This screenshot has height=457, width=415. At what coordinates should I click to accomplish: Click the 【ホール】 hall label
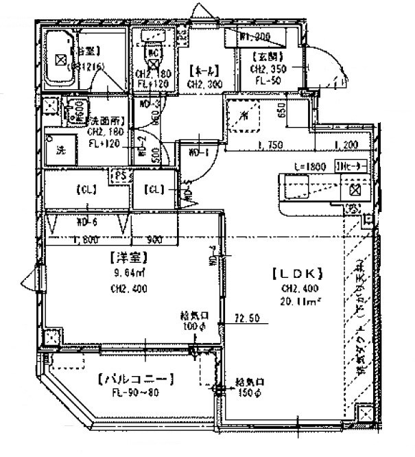point(204,69)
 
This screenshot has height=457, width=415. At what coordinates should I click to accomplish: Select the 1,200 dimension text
point(346,145)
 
